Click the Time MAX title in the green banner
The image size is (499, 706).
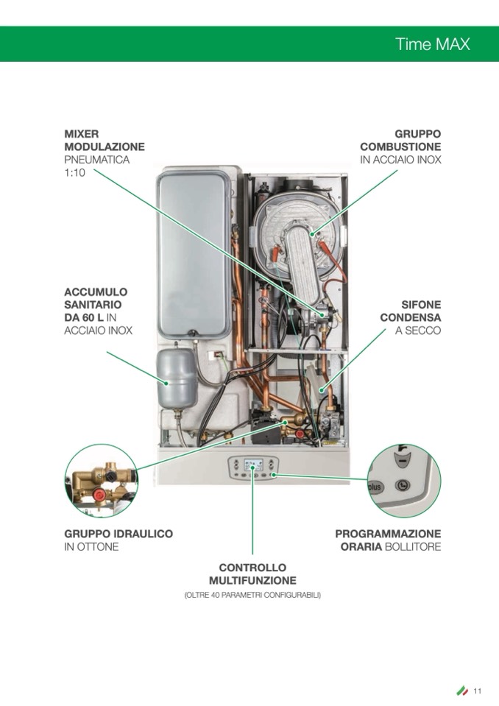point(433,44)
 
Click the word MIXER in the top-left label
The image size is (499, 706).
point(82,134)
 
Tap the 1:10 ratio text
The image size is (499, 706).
point(74,172)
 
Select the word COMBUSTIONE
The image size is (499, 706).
point(400,147)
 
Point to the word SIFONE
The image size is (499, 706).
point(421,305)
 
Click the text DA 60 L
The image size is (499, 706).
point(84,317)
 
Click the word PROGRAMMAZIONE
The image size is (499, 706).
point(388,534)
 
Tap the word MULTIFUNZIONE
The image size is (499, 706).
point(252,580)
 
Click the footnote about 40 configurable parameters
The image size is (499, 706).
point(252,596)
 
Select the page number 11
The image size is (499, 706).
point(478,691)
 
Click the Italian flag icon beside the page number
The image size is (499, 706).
point(462,691)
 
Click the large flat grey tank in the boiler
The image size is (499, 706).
point(194,253)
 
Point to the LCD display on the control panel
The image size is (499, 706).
point(252,465)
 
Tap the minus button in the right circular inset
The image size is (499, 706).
point(403,461)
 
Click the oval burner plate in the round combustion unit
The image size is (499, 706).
point(308,261)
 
